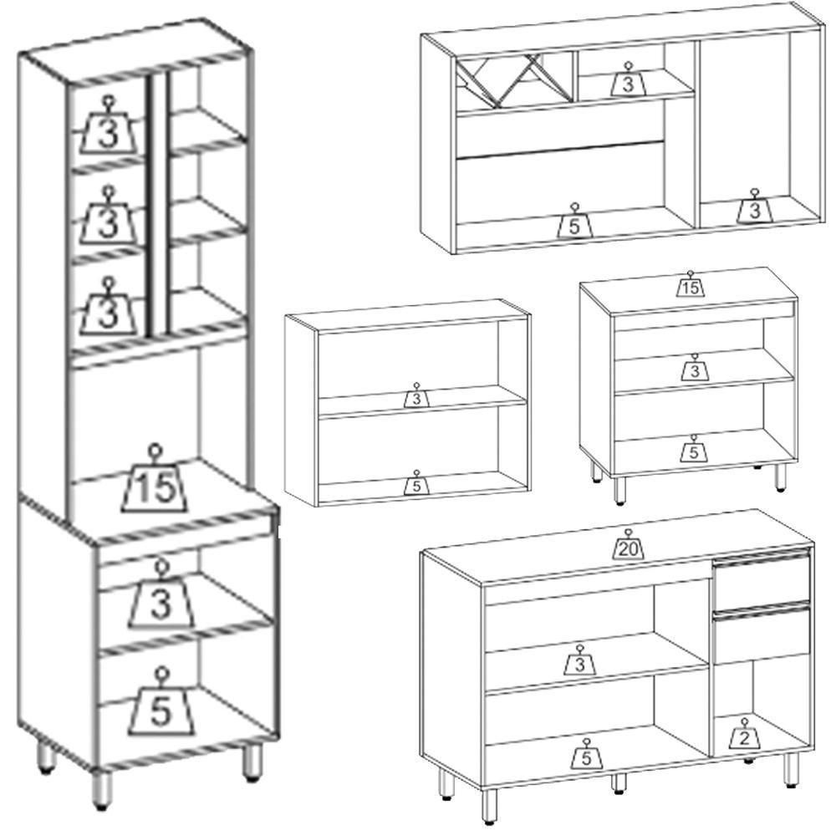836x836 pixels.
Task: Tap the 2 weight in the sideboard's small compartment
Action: tap(745, 734)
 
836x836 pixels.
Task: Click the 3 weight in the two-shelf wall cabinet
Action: tap(416, 395)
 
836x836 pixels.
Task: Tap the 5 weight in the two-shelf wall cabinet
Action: tap(417, 482)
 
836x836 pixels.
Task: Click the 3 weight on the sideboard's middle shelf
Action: tap(579, 660)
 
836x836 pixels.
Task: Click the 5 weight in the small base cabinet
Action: tap(694, 448)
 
